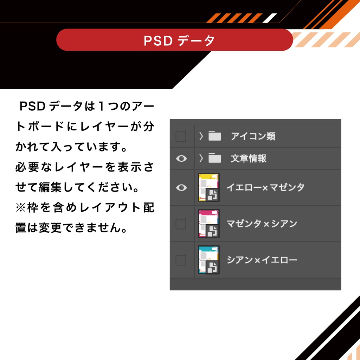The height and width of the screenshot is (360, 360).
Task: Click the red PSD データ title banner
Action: [x=174, y=40]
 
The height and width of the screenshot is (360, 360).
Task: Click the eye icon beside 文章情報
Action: [x=181, y=159]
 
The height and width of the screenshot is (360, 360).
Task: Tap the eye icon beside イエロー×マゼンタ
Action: [x=181, y=188]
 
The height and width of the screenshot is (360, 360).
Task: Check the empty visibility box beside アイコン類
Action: [x=181, y=136]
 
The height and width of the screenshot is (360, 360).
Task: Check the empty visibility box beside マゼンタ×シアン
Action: [x=181, y=224]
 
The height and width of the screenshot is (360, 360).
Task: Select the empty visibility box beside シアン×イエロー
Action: [x=181, y=260]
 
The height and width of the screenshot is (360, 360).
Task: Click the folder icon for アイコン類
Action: [x=215, y=136]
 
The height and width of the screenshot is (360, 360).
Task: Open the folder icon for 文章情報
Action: [x=215, y=158]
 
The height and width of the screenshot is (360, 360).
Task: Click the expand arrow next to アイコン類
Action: [x=201, y=136]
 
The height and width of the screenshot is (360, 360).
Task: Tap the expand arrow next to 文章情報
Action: [x=201, y=158]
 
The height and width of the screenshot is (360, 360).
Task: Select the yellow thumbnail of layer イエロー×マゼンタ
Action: [x=209, y=187]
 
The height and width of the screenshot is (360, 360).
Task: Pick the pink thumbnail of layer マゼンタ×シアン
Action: [x=209, y=224]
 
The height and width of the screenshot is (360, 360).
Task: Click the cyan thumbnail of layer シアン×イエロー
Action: [x=209, y=260]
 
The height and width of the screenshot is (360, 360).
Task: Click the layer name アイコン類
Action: [x=253, y=136]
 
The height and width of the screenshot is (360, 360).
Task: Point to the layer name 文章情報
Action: [x=249, y=159]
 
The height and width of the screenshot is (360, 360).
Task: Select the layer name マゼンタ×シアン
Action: [x=262, y=224]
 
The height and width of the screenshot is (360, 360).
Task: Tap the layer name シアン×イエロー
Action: [x=262, y=260]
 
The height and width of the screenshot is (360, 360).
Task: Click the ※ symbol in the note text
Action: [x=21, y=207]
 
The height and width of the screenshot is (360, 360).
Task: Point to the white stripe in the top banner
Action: [x=270, y=18]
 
